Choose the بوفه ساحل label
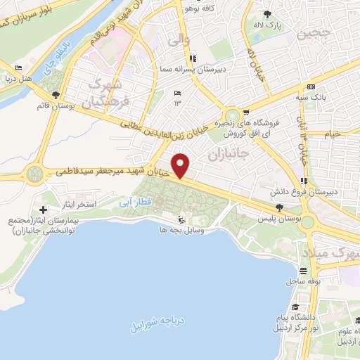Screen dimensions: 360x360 point(303,281)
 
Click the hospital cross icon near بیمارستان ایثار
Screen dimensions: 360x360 point(44,210)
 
